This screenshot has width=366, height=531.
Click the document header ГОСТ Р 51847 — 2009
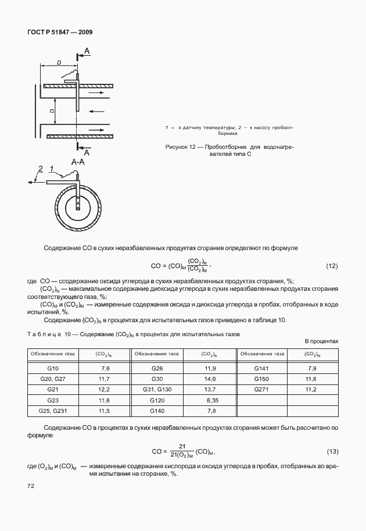(x=60, y=32)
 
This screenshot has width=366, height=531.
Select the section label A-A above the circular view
(x=78, y=162)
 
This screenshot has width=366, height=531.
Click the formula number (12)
(x=331, y=266)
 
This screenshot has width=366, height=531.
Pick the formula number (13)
(x=331, y=452)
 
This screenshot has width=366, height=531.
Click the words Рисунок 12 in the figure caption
(x=181, y=148)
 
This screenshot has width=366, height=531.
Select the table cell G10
(x=53, y=369)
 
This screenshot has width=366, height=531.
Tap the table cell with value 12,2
(x=105, y=390)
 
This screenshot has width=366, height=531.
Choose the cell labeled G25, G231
(x=53, y=411)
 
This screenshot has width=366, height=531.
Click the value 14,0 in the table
(x=210, y=379)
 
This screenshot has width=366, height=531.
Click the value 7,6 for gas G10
(x=105, y=369)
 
